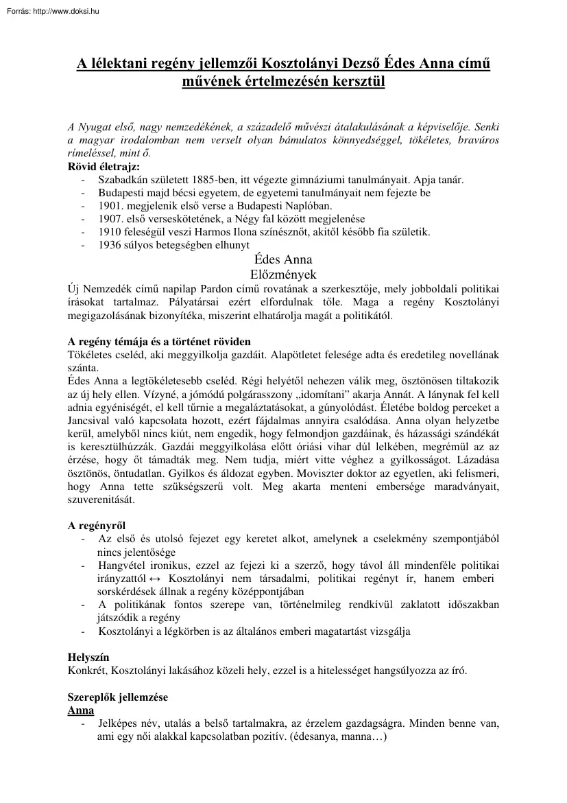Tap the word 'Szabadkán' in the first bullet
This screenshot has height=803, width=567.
coord(123,180)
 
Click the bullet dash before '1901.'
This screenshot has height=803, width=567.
coord(82,206)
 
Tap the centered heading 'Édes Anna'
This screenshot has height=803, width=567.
coord(282,259)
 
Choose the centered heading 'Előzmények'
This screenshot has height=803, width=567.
coord(282,273)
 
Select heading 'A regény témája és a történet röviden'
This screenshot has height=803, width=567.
coord(159,341)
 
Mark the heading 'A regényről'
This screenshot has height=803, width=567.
coord(96,526)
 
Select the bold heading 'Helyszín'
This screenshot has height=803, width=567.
coord(88,657)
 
